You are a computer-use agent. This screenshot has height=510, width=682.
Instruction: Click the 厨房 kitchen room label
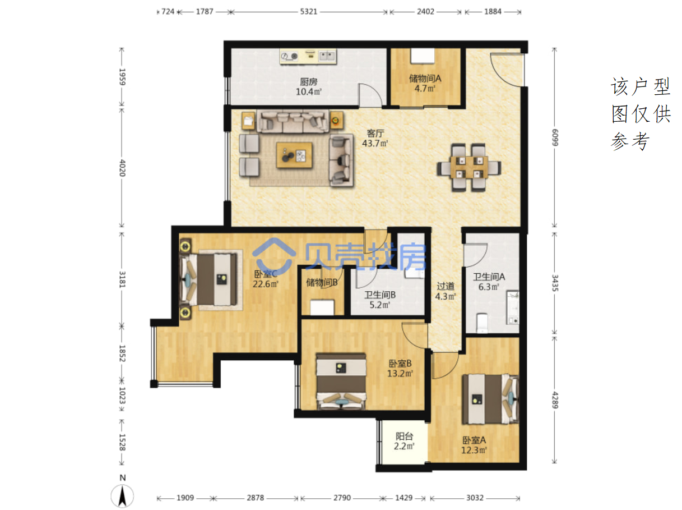click(309, 82)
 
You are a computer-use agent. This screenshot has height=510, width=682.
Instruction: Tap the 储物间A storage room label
click(425, 79)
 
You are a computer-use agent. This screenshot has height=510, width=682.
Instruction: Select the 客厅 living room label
click(375, 134)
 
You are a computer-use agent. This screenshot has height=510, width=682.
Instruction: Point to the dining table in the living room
click(468, 167)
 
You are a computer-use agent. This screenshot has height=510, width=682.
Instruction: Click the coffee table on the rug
click(294, 155)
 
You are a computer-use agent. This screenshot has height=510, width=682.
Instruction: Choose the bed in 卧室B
click(341, 381)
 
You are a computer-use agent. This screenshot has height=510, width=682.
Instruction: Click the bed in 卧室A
click(490, 399)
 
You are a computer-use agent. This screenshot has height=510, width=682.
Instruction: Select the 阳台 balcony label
click(404, 436)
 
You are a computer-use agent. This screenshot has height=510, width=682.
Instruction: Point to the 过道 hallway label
click(446, 286)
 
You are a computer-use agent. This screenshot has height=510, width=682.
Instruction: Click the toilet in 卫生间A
click(482, 321)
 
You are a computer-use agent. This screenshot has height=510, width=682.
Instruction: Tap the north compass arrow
click(122, 497)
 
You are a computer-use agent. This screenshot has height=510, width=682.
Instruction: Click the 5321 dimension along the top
click(309, 12)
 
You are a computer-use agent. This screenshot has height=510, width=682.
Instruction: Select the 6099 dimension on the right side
click(555, 137)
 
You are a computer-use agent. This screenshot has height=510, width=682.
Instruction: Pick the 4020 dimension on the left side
click(122, 168)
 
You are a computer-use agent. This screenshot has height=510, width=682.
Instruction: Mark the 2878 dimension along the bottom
click(256, 498)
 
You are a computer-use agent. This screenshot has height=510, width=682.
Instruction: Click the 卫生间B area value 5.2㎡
click(379, 305)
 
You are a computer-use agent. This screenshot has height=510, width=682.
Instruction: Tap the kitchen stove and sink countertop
click(308, 56)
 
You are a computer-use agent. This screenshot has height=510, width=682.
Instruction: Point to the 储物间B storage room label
click(322, 282)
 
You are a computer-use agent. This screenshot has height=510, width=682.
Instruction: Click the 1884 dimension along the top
click(493, 12)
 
